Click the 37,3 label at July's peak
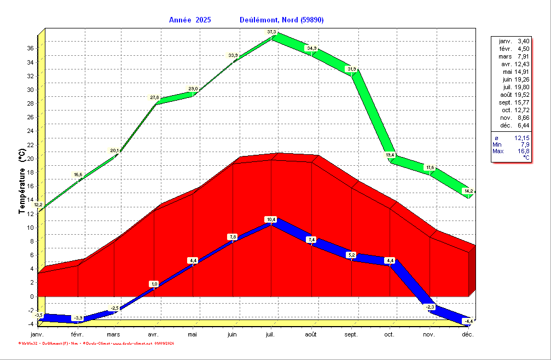point(272,32)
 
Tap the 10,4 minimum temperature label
point(271,219)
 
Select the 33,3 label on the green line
point(233,55)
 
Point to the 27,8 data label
point(155,97)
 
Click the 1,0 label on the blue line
point(154,283)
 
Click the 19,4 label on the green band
point(390,155)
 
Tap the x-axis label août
point(311,334)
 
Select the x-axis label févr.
point(77,334)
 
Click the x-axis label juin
point(233,334)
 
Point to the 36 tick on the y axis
point(31,48)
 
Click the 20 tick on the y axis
point(31,159)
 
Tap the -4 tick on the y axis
point(31,324)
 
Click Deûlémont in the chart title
point(259,20)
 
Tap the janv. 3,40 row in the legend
point(514,41)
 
